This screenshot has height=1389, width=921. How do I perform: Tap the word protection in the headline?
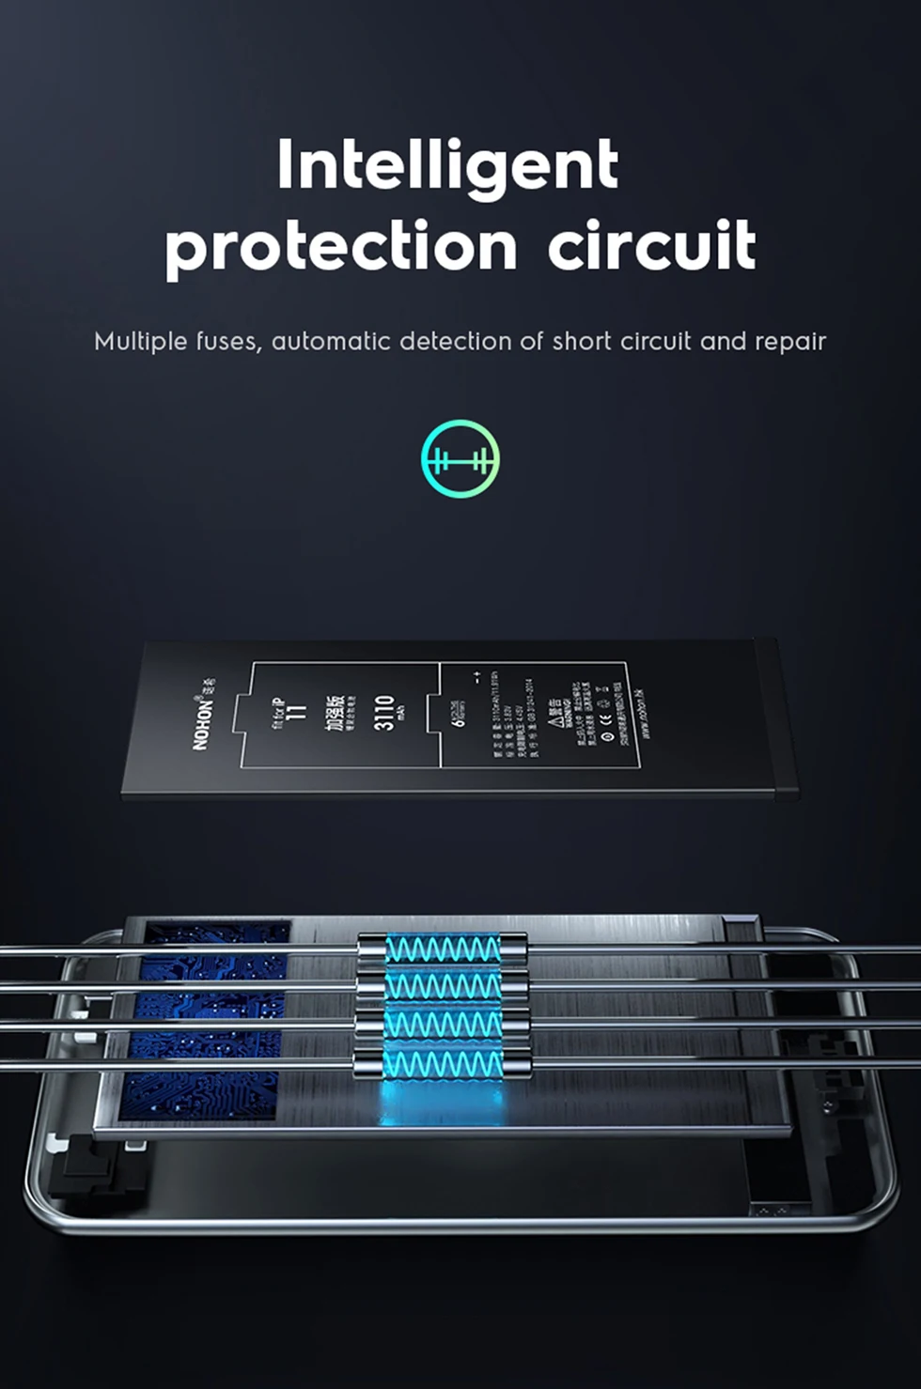click(340, 247)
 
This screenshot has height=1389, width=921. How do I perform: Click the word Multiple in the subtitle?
click(141, 341)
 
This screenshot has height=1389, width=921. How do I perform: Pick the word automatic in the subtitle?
click(332, 341)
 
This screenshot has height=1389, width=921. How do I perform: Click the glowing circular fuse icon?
click(460, 458)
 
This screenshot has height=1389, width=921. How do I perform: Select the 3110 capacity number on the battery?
click(383, 713)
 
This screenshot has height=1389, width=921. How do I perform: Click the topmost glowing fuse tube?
click(443, 949)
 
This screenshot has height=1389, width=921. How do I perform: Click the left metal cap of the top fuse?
click(372, 949)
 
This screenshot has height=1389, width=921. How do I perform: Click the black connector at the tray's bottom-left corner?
click(94, 1165)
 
